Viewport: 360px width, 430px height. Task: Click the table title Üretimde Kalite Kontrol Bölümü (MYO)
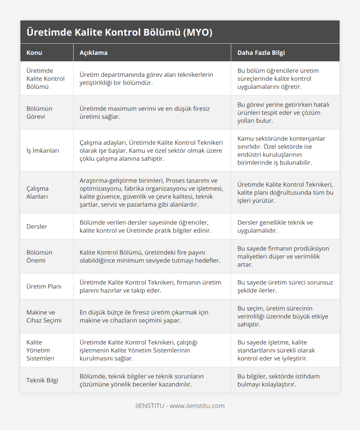pos(119,32)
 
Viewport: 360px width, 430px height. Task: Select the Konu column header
pos(34,53)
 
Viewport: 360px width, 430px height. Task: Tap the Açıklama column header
pos(93,53)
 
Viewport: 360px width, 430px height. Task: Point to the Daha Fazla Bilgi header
pos(261,53)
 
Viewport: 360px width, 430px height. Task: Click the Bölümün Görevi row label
pos(39,113)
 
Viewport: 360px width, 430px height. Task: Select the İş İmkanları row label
pos(43,150)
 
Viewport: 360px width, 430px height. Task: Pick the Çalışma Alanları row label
pos(37,192)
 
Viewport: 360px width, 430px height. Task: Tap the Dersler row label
pos(37,227)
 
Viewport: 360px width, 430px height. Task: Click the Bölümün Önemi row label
pos(39,257)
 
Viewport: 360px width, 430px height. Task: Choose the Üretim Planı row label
pos(44,286)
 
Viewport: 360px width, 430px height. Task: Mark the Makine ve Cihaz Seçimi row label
pos(44,316)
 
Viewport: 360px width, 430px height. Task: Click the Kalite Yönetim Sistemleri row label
pos(40,350)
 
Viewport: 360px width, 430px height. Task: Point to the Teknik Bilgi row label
pos(42,380)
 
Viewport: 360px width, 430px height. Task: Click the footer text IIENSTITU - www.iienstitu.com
pos(180,406)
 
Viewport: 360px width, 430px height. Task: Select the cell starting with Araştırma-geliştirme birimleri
pos(151,192)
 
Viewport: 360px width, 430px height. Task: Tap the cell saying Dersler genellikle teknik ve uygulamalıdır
pos(275,227)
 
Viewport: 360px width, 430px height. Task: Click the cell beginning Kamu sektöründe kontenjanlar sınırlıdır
pos(281,150)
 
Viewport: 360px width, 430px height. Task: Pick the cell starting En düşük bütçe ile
pos(144,316)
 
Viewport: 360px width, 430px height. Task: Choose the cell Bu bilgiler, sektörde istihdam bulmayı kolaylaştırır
pos(278,380)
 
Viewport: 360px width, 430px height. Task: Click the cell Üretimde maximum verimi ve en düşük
pos(145,113)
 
